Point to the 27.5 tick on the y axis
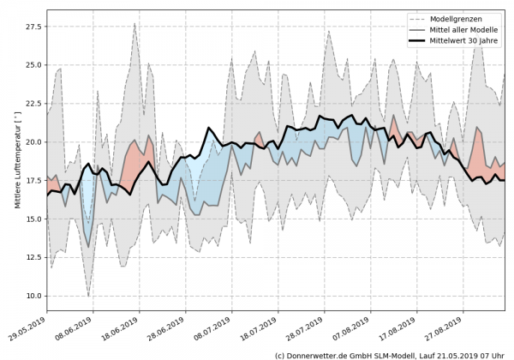coord(33,27)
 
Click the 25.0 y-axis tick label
coord(33,65)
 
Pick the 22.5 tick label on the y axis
coord(33,104)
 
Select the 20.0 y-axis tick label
coord(33,142)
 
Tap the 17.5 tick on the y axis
coord(33,181)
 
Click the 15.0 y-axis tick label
coord(33,219)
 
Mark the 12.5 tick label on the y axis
coord(33,257)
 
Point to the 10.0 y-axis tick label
coord(33,296)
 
